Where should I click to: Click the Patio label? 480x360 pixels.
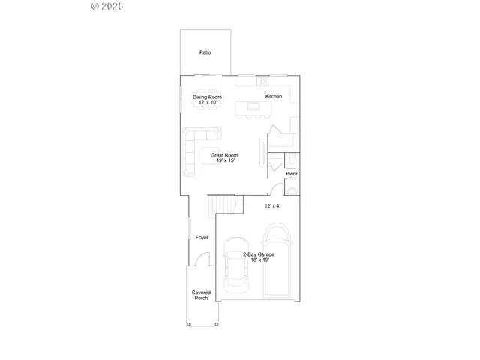tap(205, 53)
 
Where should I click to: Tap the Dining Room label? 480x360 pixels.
tap(208, 97)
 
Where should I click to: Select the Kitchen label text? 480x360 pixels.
tap(274, 97)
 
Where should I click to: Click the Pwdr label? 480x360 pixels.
tap(292, 174)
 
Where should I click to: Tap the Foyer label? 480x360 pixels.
tap(202, 237)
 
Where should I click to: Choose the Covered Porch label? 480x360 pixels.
tap(201, 295)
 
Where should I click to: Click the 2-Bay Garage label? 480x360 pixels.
tap(258, 254)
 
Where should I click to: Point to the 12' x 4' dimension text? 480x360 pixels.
tap(272, 205)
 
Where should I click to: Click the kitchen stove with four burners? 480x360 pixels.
tap(262, 79)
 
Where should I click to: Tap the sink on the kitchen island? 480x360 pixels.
tap(253, 106)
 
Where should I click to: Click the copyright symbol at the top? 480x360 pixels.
tap(94, 5)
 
